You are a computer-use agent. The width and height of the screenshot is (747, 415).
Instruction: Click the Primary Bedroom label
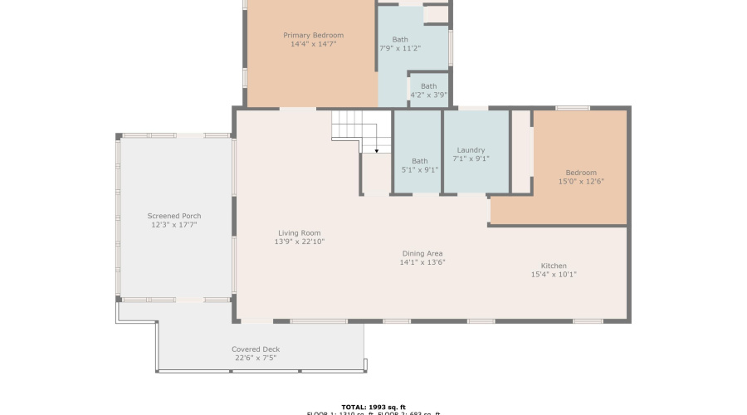pos(313,35)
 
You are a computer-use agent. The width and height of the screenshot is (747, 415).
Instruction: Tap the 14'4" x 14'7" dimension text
pos(313,44)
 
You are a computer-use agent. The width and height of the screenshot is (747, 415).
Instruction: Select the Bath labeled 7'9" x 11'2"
pos(400,44)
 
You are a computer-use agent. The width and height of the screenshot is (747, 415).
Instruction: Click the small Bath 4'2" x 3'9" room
pos(428,90)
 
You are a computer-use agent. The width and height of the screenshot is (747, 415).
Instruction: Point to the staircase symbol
pos(361,131)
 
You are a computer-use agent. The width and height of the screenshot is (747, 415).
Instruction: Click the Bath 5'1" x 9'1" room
pos(420,165)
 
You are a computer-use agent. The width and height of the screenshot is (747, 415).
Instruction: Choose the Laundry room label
pos(471,150)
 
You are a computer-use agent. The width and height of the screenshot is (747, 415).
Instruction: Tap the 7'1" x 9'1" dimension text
pos(471,159)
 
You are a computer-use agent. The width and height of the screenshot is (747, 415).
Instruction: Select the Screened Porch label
pos(174,216)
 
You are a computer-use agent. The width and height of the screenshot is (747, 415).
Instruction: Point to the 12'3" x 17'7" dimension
pos(174,225)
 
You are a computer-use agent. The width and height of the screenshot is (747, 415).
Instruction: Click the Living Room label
pos(299,233)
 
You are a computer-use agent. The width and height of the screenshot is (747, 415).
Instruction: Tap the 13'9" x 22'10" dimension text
pos(299,242)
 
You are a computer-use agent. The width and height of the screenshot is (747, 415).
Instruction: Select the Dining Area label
pos(422,253)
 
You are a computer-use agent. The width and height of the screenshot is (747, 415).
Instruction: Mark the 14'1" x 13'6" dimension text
pos(422,262)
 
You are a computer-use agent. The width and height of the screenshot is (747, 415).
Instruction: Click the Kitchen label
pos(554,266)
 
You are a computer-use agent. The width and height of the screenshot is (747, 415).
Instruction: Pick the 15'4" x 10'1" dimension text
pos(554,275)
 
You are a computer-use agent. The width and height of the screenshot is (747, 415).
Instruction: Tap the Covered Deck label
pos(255,349)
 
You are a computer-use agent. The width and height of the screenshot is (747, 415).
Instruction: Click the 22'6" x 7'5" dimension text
pos(255,358)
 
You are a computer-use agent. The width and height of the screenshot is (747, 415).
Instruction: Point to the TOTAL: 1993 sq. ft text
pos(373,407)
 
